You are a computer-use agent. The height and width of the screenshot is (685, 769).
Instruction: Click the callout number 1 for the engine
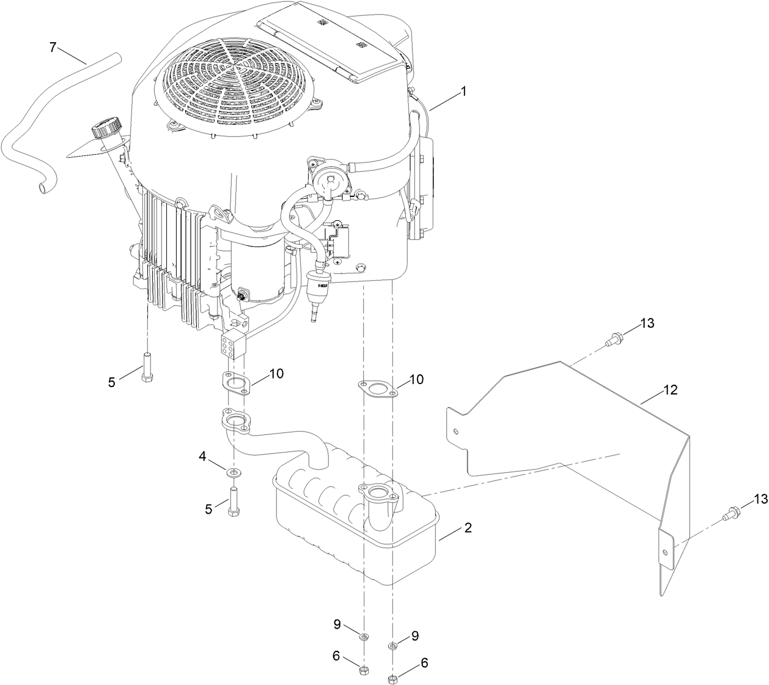coord(463,92)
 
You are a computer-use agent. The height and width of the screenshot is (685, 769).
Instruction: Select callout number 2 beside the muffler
coord(468,527)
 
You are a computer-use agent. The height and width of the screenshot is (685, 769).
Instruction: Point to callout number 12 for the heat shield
coord(671,390)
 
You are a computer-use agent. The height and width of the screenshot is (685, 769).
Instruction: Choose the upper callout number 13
coord(647,323)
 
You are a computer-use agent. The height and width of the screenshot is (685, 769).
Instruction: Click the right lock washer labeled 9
coord(393,645)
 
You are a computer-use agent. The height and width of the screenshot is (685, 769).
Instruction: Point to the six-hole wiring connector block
coord(232,345)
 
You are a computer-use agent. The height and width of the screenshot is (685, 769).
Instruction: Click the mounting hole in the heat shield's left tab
coord(456,431)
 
